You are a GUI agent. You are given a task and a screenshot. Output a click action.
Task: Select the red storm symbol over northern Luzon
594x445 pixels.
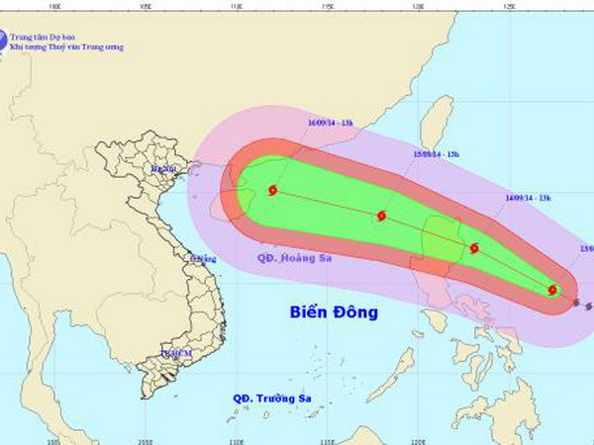tap(474, 248)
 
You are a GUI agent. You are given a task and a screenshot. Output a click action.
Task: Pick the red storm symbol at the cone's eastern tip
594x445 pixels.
tap(553, 290)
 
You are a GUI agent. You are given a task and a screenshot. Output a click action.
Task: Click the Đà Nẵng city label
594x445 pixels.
tap(202, 259)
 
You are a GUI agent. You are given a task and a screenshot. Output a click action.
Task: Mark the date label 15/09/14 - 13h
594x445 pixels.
tap(437, 154)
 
